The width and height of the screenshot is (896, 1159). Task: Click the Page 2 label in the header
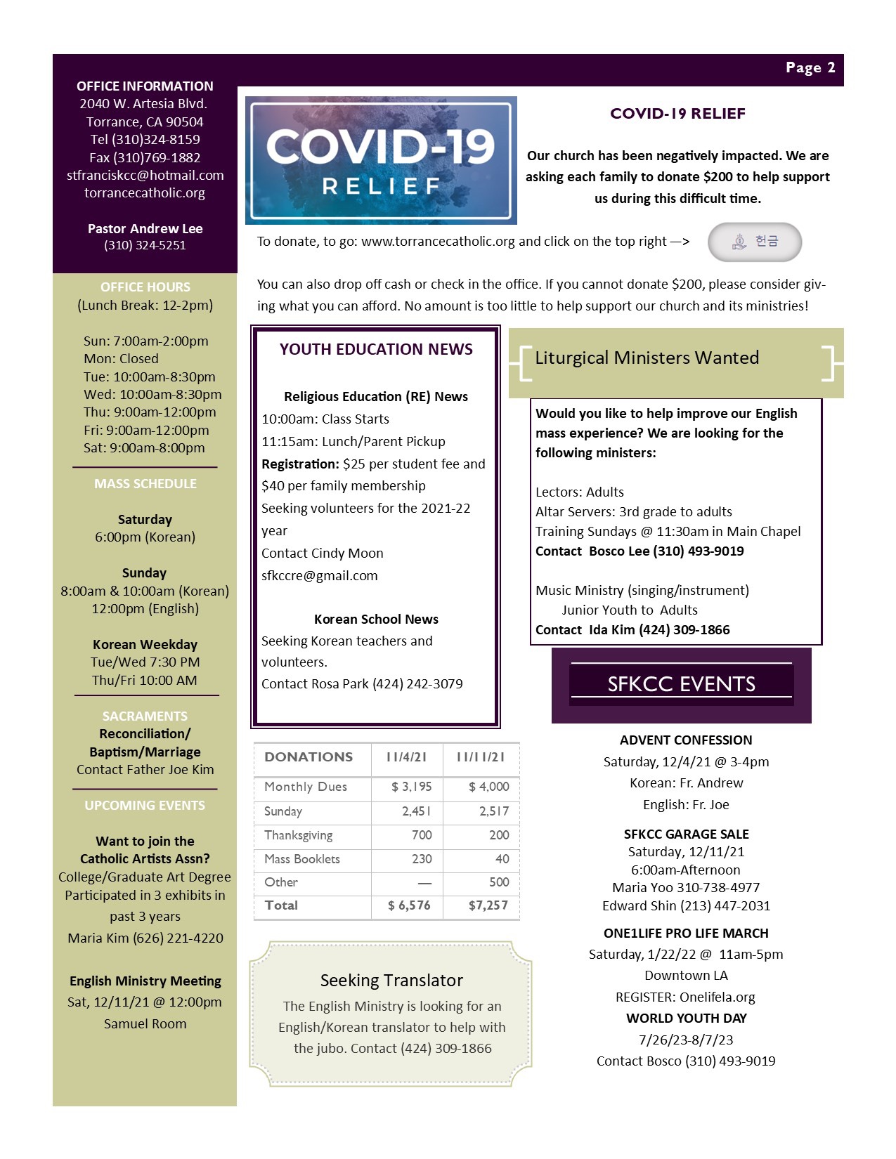click(810, 67)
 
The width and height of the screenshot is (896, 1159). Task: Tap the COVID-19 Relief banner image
click(381, 160)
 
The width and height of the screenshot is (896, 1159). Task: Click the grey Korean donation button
click(754, 242)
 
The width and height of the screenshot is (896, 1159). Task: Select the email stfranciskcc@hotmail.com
click(145, 175)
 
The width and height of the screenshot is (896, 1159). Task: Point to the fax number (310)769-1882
click(145, 157)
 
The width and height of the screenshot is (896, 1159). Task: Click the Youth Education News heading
click(376, 349)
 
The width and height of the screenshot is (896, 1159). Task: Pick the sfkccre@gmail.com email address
click(320, 575)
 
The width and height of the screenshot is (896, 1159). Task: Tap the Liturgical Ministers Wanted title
click(647, 358)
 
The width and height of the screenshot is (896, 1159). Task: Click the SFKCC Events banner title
click(681, 683)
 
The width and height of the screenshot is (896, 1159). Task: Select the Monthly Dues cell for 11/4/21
click(411, 787)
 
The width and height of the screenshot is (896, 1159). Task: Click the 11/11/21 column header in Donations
click(481, 757)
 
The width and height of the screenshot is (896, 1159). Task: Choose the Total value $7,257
click(488, 905)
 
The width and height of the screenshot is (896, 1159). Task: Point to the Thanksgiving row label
click(299, 835)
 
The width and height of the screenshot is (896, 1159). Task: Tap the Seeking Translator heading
click(391, 980)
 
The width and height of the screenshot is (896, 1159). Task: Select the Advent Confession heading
click(686, 740)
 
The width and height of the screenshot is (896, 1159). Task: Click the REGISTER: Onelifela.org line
click(685, 997)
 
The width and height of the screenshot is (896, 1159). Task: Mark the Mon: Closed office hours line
click(121, 358)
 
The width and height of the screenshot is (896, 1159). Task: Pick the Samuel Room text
click(145, 1023)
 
